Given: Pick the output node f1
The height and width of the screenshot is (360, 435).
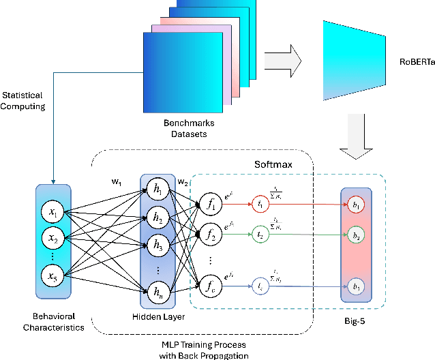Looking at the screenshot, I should [209, 202].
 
